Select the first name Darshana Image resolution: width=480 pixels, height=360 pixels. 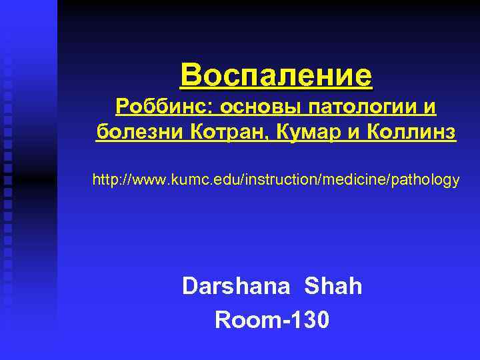[236, 287]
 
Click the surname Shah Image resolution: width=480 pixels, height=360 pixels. [333, 287]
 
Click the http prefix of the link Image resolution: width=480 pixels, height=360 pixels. [104, 180]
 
